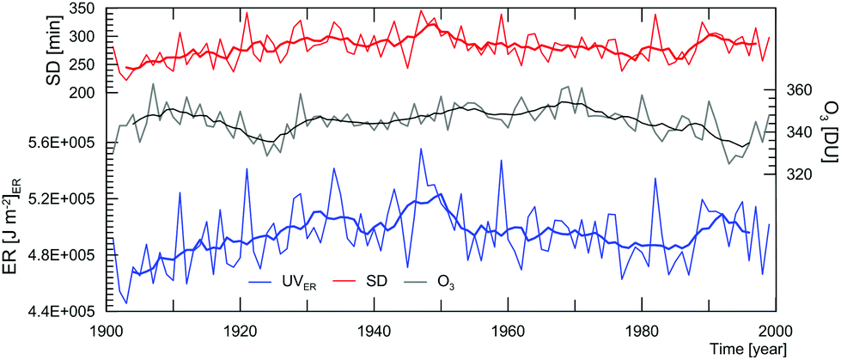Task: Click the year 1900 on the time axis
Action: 106,331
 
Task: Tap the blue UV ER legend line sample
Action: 265,281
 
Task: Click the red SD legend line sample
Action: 350,281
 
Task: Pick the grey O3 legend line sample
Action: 421,281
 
